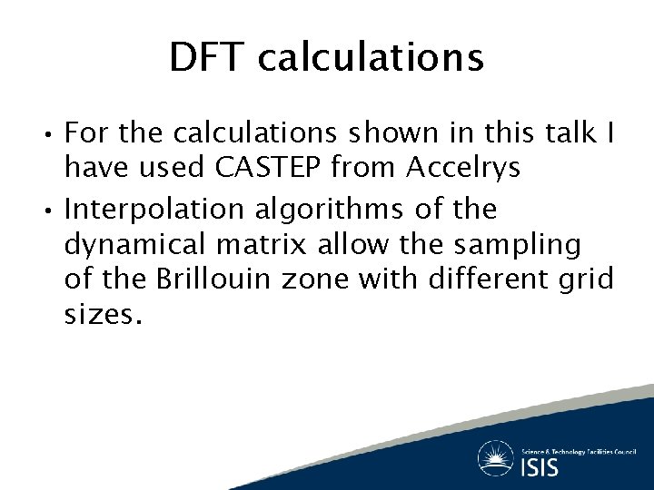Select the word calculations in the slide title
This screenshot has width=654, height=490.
click(x=371, y=58)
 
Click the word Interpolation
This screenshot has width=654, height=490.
click(x=154, y=210)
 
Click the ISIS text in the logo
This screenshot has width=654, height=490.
click(x=540, y=466)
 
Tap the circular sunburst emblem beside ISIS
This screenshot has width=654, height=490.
click(x=496, y=458)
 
